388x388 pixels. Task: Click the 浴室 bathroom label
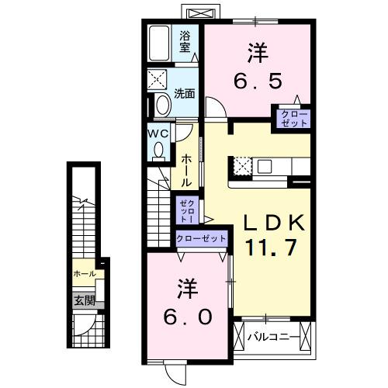click(x=185, y=40)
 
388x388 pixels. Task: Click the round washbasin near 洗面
click(x=164, y=105)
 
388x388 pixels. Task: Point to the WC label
click(x=158, y=132)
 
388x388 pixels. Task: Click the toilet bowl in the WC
click(x=159, y=152)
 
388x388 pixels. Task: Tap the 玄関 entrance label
click(x=83, y=300)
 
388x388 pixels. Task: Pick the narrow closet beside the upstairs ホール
click(x=186, y=209)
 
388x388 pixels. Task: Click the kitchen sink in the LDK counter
click(x=265, y=165)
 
